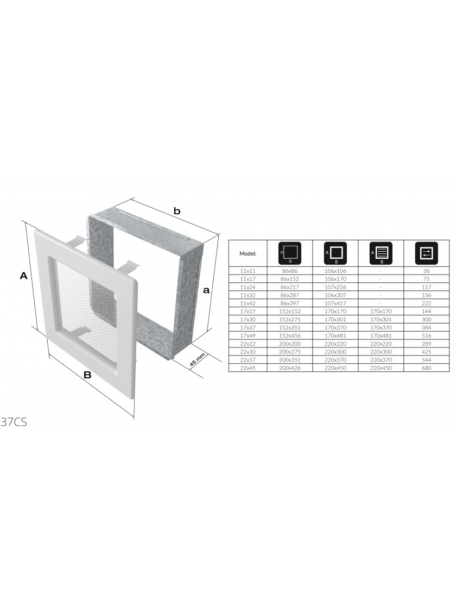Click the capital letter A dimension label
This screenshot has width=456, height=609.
click(24, 276)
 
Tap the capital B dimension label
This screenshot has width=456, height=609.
click(87, 375)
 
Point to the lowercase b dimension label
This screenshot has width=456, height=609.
click(177, 212)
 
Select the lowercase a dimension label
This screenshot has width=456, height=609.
click(206, 290)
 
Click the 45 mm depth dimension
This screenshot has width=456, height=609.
click(197, 362)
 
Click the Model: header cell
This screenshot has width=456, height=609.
click(248, 253)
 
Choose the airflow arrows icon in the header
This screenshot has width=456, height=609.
click(427, 253)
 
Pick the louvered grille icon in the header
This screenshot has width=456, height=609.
click(381, 253)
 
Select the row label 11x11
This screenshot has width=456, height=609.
click(248, 271)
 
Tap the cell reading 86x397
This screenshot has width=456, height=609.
click(290, 303)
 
